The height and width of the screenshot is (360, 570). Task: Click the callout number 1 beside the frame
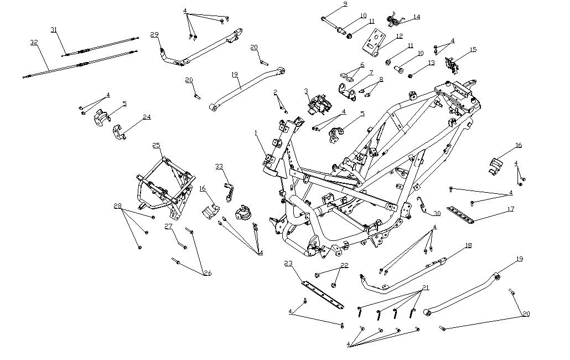(x=256, y=133)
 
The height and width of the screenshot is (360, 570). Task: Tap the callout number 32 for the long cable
(x=34, y=42)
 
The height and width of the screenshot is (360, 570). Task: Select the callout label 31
(x=54, y=29)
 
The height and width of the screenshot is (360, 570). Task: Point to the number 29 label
(x=154, y=34)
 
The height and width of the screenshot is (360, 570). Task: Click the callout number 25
(x=157, y=145)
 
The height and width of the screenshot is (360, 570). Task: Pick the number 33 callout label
(x=219, y=166)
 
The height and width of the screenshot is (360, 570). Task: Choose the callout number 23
(x=288, y=263)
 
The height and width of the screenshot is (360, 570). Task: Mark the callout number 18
(x=468, y=245)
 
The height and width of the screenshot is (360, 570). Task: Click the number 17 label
(x=510, y=209)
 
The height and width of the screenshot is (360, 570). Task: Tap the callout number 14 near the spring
(x=416, y=17)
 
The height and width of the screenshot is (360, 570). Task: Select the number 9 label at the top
(x=345, y=4)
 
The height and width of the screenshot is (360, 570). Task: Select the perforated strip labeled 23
(x=322, y=294)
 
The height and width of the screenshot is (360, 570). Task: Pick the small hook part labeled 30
(x=423, y=206)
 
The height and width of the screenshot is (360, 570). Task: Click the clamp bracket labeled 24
(x=120, y=133)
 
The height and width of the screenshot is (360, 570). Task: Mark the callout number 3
(x=305, y=91)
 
